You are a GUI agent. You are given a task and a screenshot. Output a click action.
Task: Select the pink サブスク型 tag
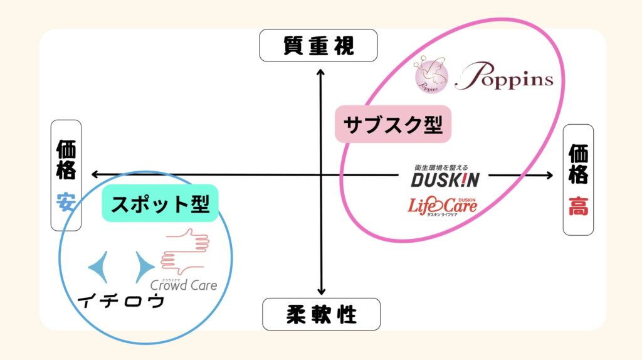coord(393,124)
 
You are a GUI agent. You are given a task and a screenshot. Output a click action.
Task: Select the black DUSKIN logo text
coord(445,180)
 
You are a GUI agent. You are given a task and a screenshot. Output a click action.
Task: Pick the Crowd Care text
coord(184,285)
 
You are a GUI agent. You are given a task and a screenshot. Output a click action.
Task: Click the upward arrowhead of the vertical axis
coord(321,73)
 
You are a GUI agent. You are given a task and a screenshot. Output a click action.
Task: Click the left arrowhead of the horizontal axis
coord(95,175)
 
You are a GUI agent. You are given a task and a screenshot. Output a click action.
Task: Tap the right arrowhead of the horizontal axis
coord(549,176)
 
